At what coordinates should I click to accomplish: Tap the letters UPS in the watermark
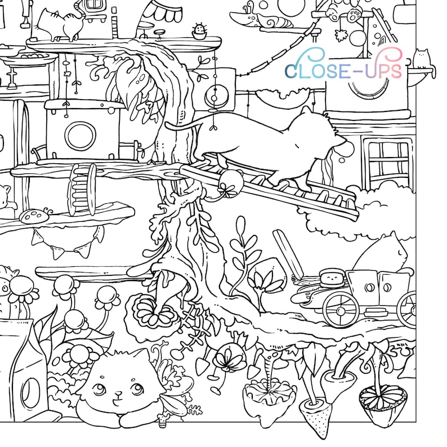pyautogui.click(x=382, y=70)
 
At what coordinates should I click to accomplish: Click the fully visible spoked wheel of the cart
pyautogui.click(x=341, y=309)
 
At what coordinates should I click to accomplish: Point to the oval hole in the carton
pyautogui.click(x=32, y=388)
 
